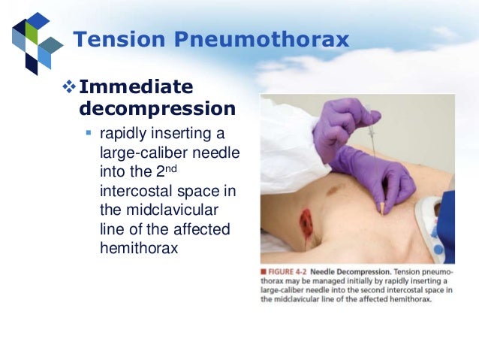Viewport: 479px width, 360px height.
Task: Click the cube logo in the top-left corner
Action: [x=34, y=41]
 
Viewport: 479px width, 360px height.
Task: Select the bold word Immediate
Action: [x=136, y=87]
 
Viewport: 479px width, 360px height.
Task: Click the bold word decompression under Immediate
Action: [x=157, y=108]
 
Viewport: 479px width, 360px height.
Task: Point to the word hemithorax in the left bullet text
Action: [x=139, y=246]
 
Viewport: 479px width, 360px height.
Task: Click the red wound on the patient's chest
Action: [x=306, y=222]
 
